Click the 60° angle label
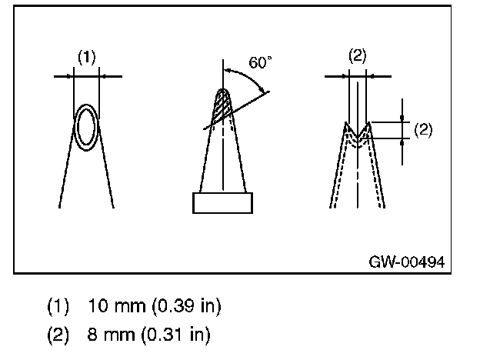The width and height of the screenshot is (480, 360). pos(261,63)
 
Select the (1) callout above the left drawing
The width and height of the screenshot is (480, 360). pos(87,57)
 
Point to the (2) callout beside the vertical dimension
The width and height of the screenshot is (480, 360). pos(422,129)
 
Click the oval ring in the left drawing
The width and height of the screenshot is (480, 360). pos(86,126)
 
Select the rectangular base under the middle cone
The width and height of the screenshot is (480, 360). pos(222,203)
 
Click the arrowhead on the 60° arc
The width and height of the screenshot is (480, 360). pos(266,92)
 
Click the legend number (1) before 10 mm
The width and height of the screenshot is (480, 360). pos(58,306)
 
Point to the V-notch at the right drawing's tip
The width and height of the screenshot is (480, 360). pos(358,132)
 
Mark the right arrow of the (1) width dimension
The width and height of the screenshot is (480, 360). pos(105,76)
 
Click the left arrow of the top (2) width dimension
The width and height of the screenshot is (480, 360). pos(345,76)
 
